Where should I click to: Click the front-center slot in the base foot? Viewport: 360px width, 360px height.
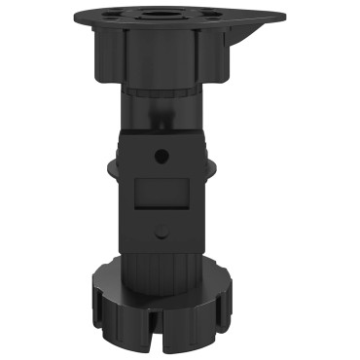click(x=161, y=332)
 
